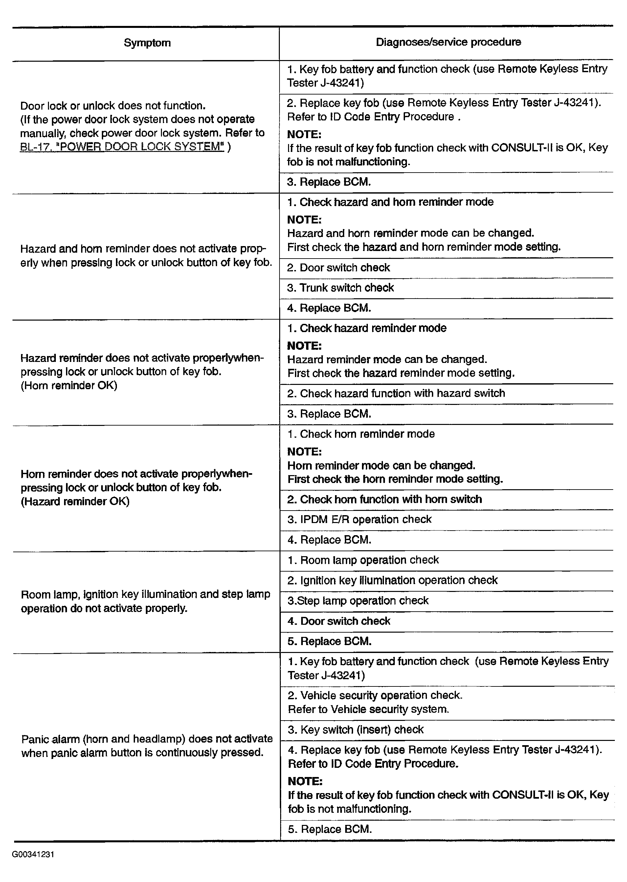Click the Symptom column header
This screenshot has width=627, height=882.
[x=147, y=43]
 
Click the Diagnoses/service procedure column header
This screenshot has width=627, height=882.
[x=448, y=42]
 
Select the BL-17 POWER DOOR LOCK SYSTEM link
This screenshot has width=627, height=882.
[x=122, y=147]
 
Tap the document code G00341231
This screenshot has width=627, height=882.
[x=33, y=854]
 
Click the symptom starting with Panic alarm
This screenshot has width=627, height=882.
[x=147, y=745]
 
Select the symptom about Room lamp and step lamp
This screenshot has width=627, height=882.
[x=145, y=601]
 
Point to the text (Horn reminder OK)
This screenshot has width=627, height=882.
[x=69, y=386]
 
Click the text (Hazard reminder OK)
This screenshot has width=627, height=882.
[x=75, y=502]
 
